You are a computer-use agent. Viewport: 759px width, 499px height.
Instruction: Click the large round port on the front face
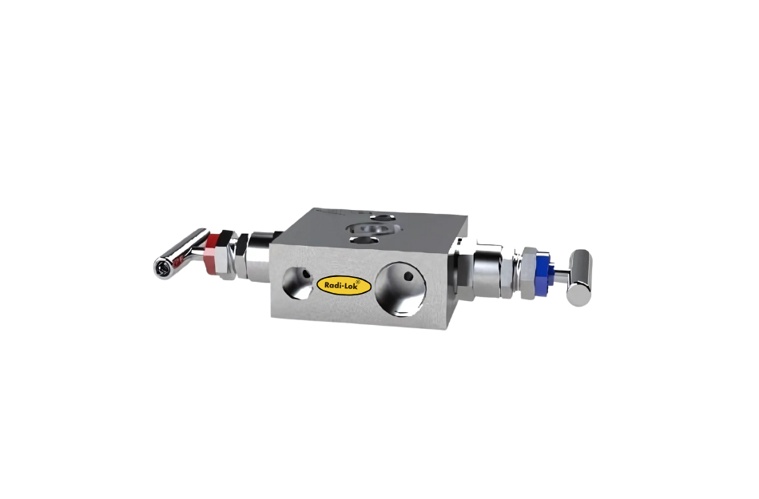point(403,284)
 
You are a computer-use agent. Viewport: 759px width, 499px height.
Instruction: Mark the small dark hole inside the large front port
point(408,276)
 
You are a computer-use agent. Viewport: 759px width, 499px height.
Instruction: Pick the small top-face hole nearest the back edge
point(384,216)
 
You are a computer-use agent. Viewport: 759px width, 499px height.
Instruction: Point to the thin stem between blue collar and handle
point(561,274)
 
